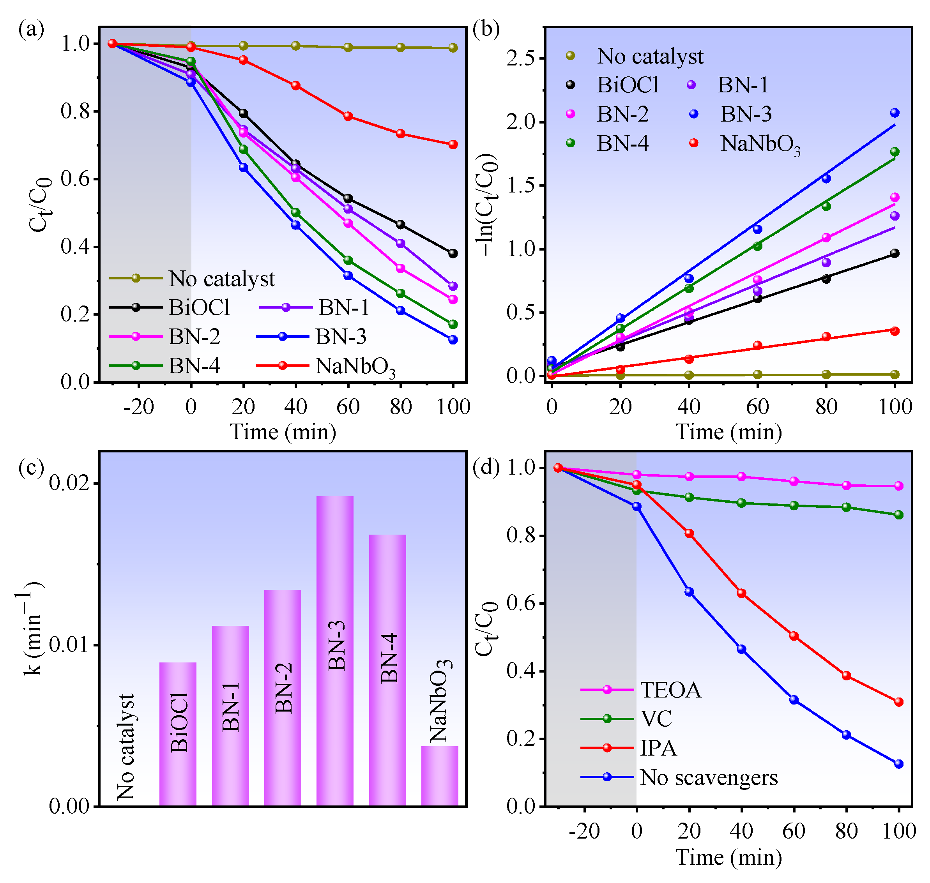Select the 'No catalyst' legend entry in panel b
(650, 57)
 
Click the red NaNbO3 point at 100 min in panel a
(453, 145)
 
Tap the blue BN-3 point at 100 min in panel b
(895, 113)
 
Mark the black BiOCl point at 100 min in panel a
(453, 254)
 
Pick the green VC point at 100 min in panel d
(898, 515)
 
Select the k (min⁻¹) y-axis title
(33, 629)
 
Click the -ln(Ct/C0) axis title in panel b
(488, 205)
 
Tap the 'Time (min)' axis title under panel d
(728, 857)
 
